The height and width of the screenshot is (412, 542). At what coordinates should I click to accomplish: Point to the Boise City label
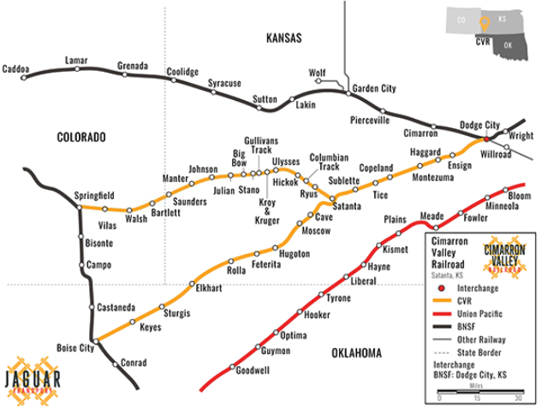[x=75, y=348]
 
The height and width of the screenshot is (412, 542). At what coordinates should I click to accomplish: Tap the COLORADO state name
[x=80, y=137]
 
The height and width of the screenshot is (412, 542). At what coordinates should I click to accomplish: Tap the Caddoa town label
[x=16, y=68]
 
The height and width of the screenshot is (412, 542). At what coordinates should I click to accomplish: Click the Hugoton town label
[x=295, y=255]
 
